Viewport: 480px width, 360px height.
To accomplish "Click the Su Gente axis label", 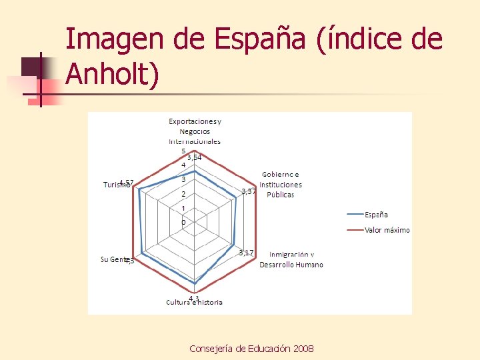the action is (113, 259).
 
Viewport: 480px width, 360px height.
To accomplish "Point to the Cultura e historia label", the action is (194, 302).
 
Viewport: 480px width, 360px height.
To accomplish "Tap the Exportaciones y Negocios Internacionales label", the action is (194, 131).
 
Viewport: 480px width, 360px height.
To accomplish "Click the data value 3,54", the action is (194, 157).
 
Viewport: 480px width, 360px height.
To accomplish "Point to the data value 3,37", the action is (248, 191).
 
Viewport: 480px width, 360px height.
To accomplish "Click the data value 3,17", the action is (246, 252).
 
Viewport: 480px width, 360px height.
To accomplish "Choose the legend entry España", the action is (376, 215).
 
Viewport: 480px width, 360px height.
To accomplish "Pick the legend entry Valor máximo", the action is (387, 230).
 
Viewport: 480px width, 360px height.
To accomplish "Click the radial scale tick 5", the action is (184, 150).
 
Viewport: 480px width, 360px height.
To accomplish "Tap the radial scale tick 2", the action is (184, 194).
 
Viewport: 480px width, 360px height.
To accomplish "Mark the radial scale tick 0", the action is (184, 222).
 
